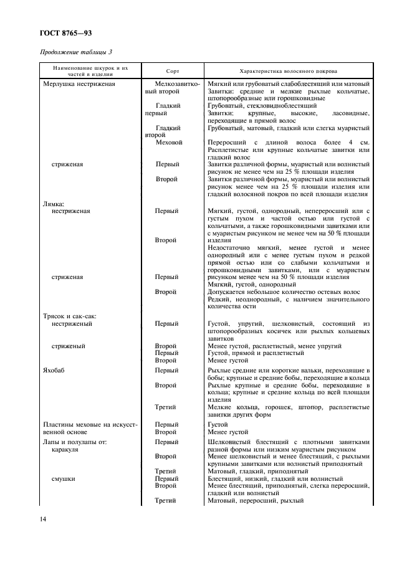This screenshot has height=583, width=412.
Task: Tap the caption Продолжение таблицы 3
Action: tap(76, 52)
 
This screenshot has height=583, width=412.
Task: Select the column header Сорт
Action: tap(173, 72)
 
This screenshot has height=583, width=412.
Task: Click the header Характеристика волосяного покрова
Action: tap(288, 72)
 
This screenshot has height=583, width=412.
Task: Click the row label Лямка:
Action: tap(54, 203)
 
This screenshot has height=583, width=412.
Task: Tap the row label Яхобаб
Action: tap(54, 370)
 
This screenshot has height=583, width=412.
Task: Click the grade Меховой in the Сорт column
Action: tap(169, 142)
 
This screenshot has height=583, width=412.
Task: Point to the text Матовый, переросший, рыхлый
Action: tap(256, 501)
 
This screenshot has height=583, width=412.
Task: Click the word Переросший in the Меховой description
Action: tap(226, 142)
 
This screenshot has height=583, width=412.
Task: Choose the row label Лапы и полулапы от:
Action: tap(72, 441)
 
